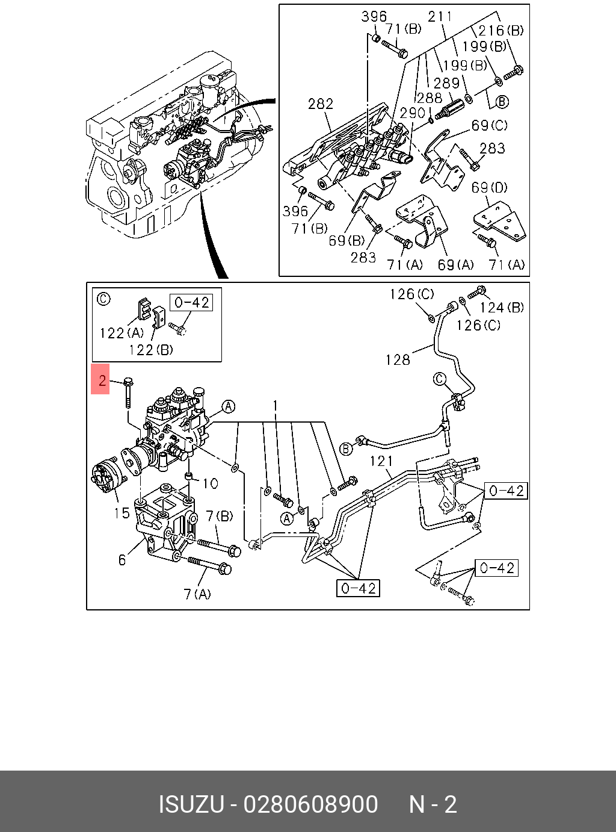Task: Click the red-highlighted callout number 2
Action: (101, 380)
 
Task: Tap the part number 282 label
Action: (321, 104)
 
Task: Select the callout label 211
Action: (440, 16)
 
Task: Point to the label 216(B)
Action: (500, 31)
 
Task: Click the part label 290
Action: (413, 113)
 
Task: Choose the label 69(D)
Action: (489, 188)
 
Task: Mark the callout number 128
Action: (398, 359)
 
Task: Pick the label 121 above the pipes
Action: (381, 461)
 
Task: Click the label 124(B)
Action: (502, 308)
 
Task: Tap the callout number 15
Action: (122, 512)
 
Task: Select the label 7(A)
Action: (197, 594)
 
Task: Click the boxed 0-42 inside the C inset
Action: (191, 302)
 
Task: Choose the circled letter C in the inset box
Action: (103, 299)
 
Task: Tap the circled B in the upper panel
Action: (502, 101)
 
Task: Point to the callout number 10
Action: (210, 483)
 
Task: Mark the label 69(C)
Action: (489, 125)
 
